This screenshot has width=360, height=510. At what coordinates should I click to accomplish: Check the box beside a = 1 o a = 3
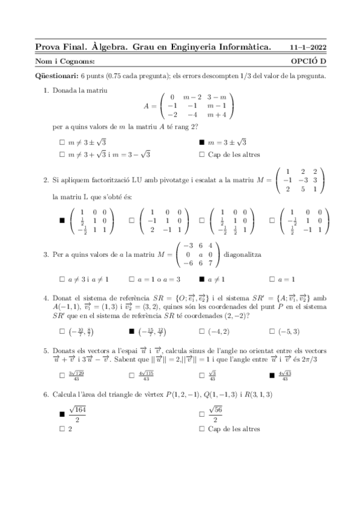pyautogui.click(x=132, y=279)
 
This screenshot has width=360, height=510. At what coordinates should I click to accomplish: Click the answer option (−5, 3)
pyautogui.click(x=289, y=331)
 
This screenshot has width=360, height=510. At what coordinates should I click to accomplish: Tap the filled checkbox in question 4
pyautogui.click(x=132, y=331)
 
